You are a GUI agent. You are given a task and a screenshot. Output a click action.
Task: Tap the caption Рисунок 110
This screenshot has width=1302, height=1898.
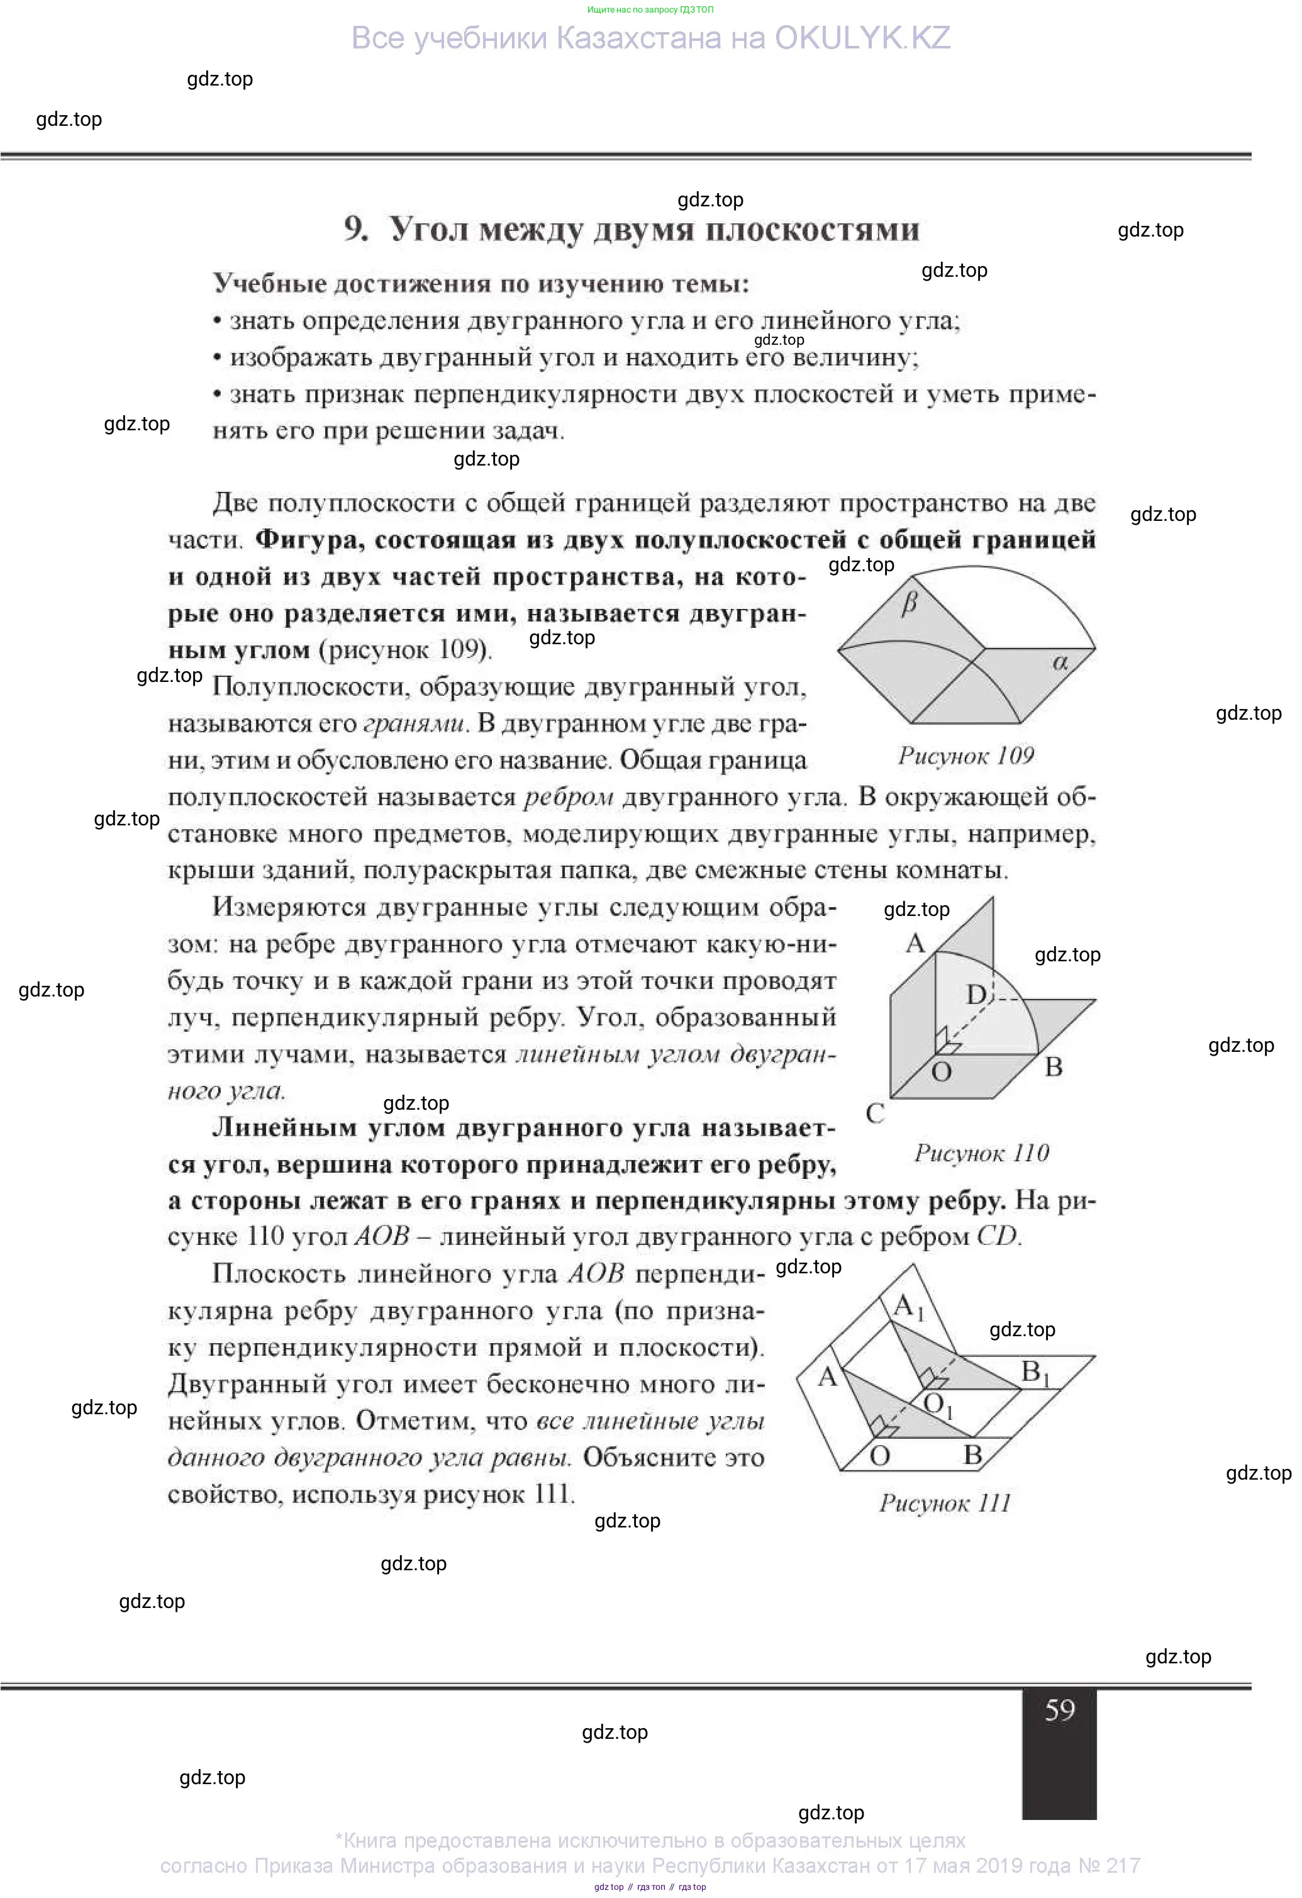point(981,1153)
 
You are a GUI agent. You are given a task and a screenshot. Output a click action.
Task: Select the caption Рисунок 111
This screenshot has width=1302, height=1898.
point(945,1503)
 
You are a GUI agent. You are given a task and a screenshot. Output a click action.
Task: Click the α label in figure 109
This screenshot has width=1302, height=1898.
point(1060,662)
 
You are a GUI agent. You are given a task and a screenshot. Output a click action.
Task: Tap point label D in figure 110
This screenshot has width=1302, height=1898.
point(976,994)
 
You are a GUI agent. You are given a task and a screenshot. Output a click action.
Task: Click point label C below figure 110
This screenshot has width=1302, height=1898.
point(875,1113)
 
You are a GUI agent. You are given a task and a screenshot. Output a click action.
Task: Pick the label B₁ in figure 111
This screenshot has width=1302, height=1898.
point(1035,1373)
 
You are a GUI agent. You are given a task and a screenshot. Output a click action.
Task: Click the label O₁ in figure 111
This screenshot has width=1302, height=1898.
point(938,1405)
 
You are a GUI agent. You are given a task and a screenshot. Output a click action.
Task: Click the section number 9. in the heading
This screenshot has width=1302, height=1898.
point(356,230)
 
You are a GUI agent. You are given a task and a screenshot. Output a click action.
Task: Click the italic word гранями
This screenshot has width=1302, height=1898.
point(415,723)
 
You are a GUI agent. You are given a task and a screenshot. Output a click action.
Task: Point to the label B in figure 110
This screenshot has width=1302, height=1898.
point(1054,1066)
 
